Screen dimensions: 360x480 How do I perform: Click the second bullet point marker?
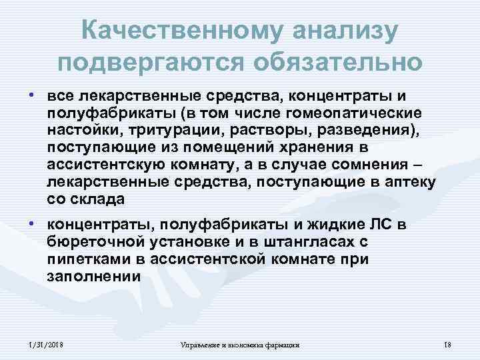pos(32,223)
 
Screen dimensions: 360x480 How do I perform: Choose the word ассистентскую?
pos(102,165)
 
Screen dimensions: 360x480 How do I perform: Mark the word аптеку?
pos(411,182)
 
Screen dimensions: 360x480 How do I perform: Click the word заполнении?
pos(93,276)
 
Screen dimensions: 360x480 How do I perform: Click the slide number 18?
pos(447,343)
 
